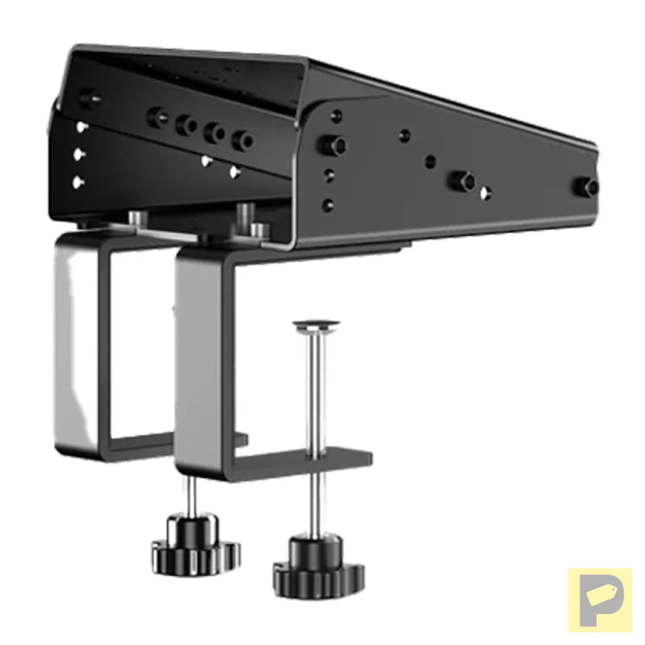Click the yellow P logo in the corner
point(600,600)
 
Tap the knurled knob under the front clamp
point(318,568)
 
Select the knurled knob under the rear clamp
point(195,545)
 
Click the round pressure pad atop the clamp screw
point(316,326)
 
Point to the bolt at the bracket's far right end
point(590,186)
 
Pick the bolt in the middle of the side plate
point(462,181)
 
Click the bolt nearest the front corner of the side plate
point(333,146)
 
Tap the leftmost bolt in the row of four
point(157,117)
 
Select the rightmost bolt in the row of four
point(241,140)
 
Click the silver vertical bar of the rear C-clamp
point(76,340)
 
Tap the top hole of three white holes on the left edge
point(81,127)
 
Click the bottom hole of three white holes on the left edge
point(78,182)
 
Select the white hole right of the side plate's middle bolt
point(485,193)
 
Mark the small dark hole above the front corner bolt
point(338,116)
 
